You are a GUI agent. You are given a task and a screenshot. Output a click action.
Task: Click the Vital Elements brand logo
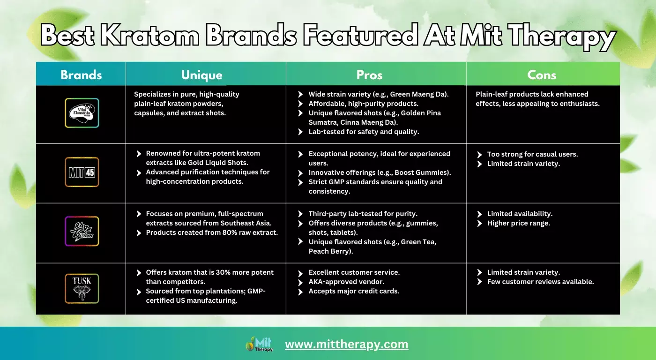pyautogui.click(x=82, y=113)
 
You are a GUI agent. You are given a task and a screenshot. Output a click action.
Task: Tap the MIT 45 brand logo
pyautogui.click(x=82, y=172)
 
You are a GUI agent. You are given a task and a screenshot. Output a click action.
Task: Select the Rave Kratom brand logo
pyautogui.click(x=82, y=231)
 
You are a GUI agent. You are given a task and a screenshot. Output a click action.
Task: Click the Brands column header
pyautogui.click(x=81, y=75)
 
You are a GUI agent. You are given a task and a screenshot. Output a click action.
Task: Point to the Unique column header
pyautogui.click(x=201, y=75)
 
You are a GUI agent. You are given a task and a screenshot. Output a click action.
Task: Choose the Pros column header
pyautogui.click(x=369, y=75)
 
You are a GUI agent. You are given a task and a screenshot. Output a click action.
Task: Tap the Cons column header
pyautogui.click(x=542, y=75)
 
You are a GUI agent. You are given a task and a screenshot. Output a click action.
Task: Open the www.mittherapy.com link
pyautogui.click(x=346, y=345)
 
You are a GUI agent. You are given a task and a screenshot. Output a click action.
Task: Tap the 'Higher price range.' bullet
pyautogui.click(x=518, y=223)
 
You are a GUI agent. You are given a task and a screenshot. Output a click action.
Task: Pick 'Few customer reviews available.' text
pyautogui.click(x=540, y=282)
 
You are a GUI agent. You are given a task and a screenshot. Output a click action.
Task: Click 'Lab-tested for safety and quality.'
pyautogui.click(x=364, y=132)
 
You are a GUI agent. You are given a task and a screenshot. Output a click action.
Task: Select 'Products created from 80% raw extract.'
pyautogui.click(x=212, y=232)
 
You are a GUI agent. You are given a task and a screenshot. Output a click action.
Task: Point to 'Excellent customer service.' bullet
pyautogui.click(x=354, y=272)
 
